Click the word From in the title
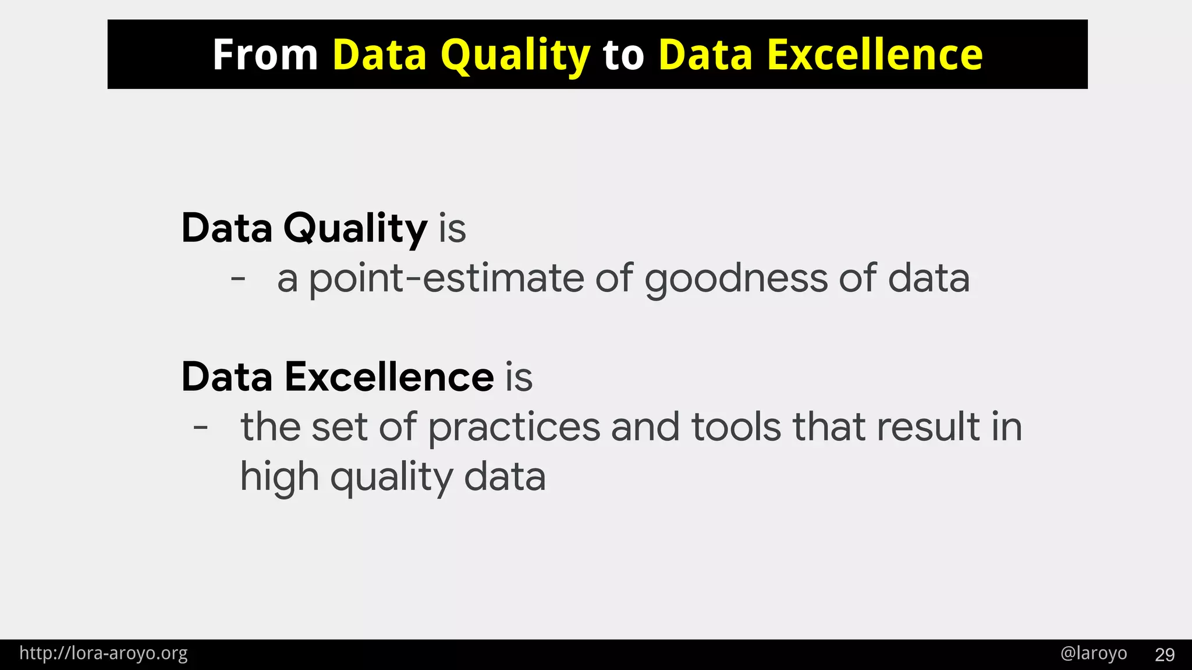(x=265, y=55)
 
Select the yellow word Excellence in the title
(x=875, y=55)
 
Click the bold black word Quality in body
(x=355, y=228)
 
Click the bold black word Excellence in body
(x=389, y=377)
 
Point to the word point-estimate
(x=446, y=279)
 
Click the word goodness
(x=736, y=279)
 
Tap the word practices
(x=514, y=428)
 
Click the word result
(x=928, y=427)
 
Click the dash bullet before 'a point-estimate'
(x=238, y=279)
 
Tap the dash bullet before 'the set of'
(x=201, y=428)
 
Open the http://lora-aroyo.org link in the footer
(x=104, y=654)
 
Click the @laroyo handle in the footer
(x=1094, y=654)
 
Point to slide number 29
(x=1165, y=655)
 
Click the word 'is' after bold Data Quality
(x=452, y=228)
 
